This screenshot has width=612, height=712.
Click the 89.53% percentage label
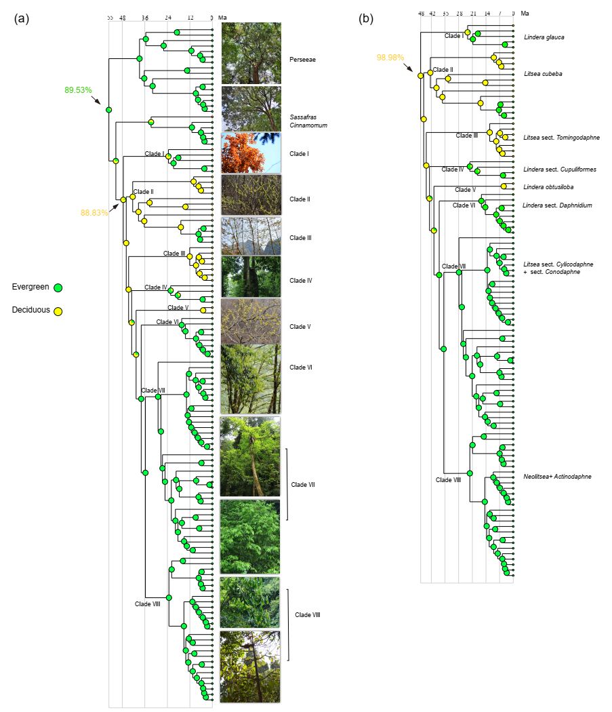78,90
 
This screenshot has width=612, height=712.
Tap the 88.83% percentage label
95,212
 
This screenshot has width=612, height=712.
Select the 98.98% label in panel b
390,58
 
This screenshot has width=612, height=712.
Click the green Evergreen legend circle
59,288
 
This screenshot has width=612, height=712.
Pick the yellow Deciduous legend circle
59,311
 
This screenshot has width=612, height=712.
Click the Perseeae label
302,60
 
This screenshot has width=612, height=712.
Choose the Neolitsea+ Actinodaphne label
557,477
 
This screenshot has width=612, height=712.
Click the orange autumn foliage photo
251,153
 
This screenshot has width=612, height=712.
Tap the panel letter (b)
366,19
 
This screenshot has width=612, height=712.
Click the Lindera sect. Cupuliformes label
560,169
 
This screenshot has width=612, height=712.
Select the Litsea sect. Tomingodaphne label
561,138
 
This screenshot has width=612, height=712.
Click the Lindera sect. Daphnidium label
557,205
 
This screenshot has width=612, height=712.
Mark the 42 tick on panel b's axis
432,13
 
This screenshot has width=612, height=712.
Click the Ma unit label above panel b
525,13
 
